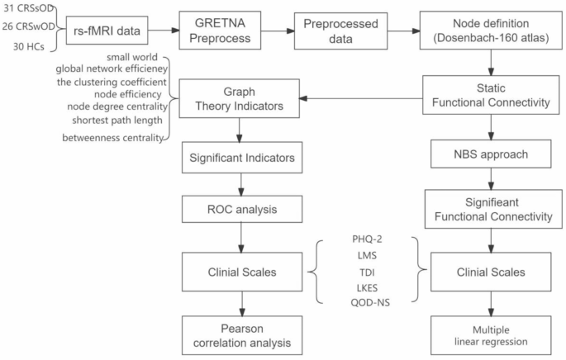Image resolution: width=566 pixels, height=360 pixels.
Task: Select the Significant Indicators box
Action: point(239,155)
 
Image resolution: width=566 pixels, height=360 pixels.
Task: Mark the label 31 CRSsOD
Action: point(28,8)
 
